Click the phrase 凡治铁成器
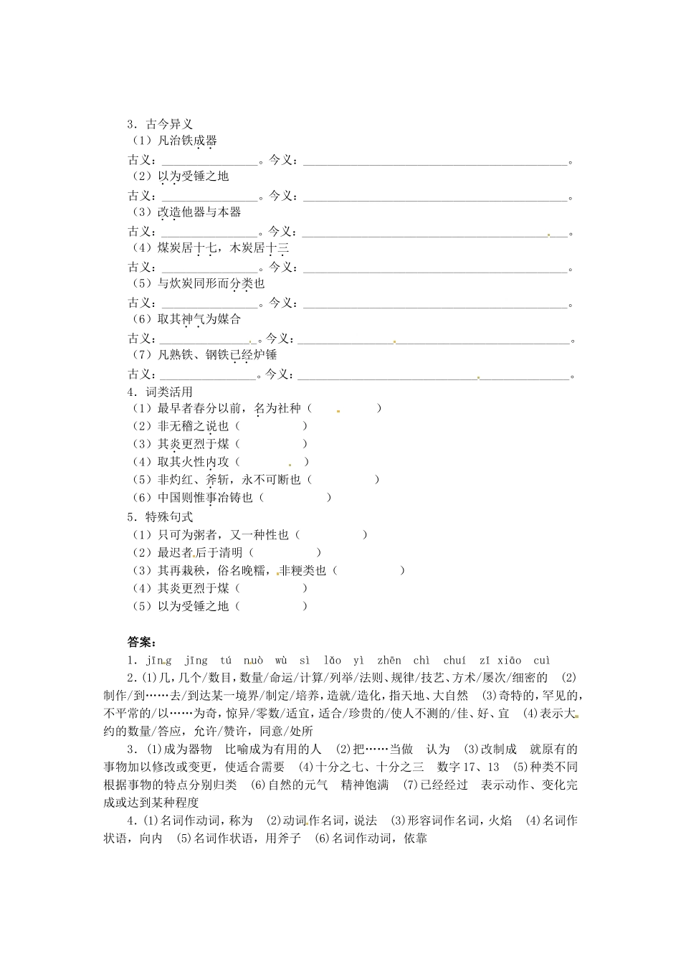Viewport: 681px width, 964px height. tap(187, 141)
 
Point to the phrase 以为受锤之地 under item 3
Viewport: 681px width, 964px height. tap(193, 176)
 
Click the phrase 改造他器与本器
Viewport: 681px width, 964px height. tap(199, 212)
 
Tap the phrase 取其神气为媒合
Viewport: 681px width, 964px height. tap(199, 319)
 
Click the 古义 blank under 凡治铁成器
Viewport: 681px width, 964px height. tap(209, 161)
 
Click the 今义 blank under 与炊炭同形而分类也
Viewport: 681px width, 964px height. tap(436, 303)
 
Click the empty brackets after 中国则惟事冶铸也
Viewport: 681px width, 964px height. tap(295, 498)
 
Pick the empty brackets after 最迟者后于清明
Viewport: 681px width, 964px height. tap(285, 552)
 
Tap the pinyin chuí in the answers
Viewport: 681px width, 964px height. tap(454, 661)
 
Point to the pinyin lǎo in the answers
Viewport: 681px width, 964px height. tap(333, 661)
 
